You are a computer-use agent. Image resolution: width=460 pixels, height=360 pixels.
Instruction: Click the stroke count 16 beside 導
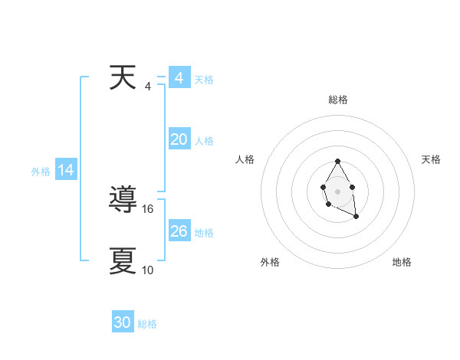click(149, 208)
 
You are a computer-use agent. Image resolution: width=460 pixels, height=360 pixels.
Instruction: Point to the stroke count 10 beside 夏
click(148, 270)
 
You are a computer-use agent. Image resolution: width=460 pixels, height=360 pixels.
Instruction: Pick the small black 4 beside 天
click(148, 86)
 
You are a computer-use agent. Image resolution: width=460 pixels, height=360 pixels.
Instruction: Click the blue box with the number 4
click(179, 78)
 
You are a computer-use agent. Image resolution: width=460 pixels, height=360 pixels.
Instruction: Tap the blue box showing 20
click(179, 139)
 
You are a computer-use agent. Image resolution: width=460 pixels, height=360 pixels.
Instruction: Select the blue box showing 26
click(179, 231)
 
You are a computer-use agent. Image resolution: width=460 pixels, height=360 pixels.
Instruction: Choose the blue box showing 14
click(66, 171)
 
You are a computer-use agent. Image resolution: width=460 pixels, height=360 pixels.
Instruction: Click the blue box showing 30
click(123, 322)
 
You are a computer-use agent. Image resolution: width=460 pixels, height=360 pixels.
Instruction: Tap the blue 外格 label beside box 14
click(41, 172)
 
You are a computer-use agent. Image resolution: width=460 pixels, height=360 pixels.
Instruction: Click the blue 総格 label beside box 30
click(147, 324)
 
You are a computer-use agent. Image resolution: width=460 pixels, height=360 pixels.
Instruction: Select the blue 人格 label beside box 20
click(204, 141)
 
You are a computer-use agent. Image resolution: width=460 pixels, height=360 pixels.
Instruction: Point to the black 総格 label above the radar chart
click(338, 100)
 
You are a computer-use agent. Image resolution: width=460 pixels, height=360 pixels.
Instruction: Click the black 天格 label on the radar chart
click(431, 159)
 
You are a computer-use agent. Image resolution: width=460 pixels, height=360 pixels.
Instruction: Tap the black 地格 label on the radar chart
click(402, 262)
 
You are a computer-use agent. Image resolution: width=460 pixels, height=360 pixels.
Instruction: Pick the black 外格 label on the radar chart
click(270, 262)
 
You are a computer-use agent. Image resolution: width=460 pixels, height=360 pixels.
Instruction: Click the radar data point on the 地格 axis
click(356, 217)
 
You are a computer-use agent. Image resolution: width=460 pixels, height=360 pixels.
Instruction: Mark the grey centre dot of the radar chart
click(337, 190)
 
